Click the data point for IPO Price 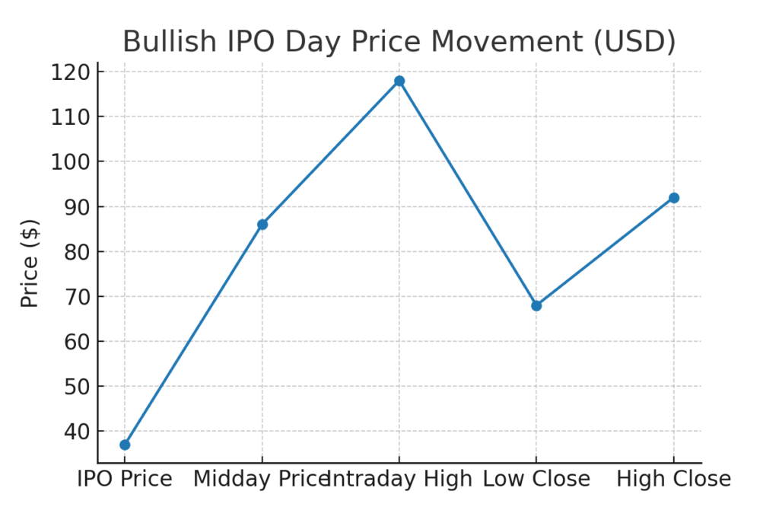point(125,445)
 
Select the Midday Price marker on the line point(262,225)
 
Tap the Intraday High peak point point(399,81)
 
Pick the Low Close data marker point(536,306)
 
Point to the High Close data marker point(674,198)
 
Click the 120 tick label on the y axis point(71,72)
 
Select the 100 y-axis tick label point(71,162)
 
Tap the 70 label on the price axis point(77,297)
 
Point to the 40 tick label point(77,432)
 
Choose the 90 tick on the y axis point(77,207)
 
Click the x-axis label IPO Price point(125,479)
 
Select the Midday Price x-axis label point(262,479)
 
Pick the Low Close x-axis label point(536,479)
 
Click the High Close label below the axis point(674,479)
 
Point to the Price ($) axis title point(30,263)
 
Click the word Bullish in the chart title point(170,41)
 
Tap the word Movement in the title point(507,41)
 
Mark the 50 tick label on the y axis point(77,387)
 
